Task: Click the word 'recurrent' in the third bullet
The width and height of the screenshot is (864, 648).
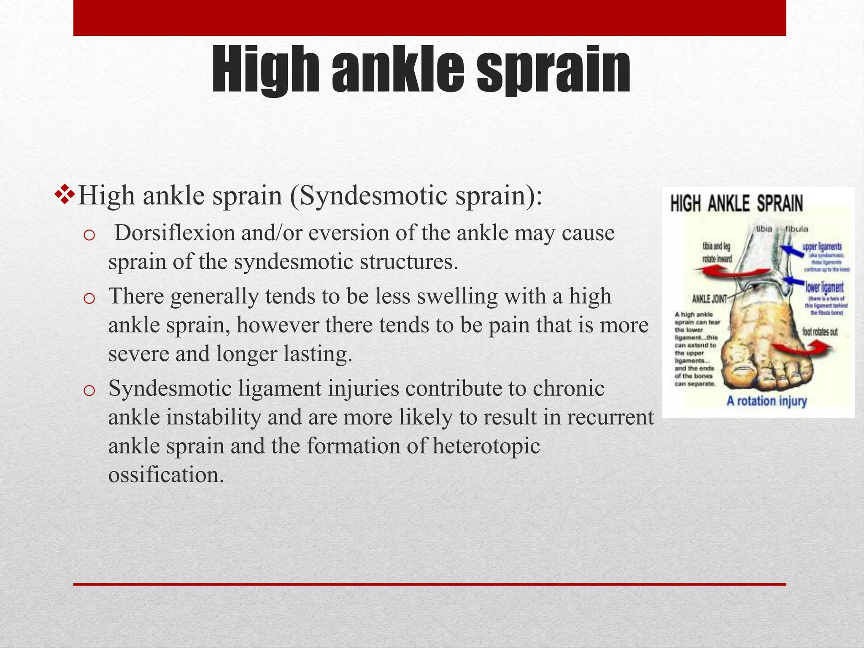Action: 610,418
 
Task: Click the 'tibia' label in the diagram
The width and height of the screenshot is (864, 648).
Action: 764,229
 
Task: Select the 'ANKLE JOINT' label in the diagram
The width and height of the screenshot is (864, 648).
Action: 710,299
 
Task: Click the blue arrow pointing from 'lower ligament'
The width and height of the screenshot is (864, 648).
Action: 793,280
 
